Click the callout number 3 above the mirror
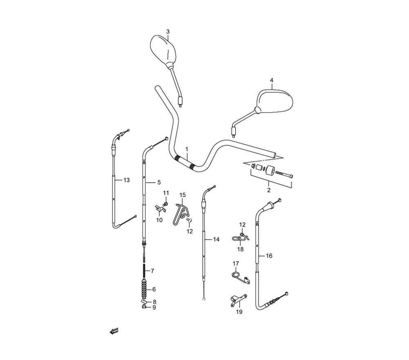168,32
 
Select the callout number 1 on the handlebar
187,149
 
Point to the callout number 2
269,190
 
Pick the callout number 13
126,180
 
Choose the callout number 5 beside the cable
159,182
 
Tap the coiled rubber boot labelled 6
144,288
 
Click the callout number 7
152,271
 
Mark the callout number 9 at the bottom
154,308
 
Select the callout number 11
166,193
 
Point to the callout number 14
216,239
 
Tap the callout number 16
269,256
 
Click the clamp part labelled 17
240,277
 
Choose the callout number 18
240,250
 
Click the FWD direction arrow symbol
114,331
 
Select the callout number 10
160,220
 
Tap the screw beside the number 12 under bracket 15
189,220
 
